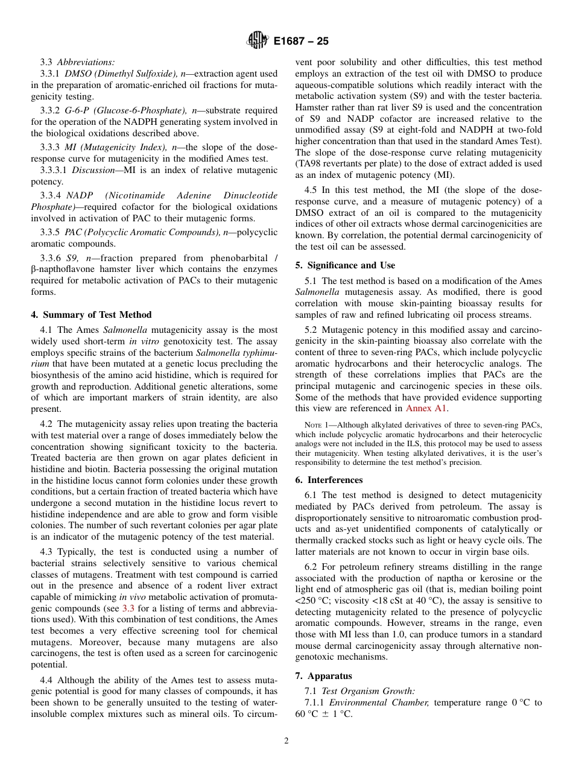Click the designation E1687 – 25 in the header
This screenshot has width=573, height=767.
[301, 42]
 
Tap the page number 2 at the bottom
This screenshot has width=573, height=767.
[286, 741]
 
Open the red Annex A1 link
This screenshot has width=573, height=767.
[426, 408]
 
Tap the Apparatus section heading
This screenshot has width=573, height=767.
[329, 676]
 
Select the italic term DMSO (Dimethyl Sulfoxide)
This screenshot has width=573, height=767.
[121, 74]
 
